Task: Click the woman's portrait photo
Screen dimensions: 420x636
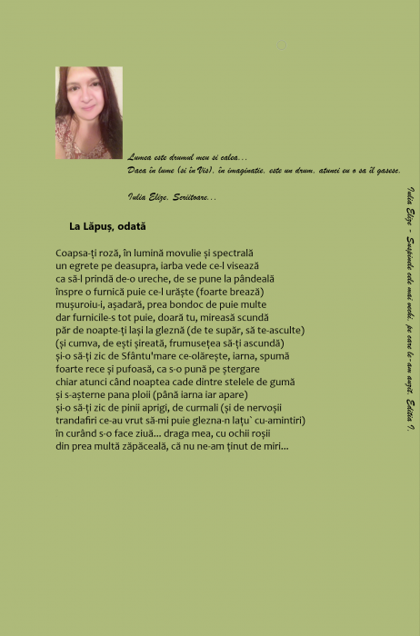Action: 88,113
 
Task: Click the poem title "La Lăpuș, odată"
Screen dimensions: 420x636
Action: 107,226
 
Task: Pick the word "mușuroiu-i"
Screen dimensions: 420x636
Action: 80,304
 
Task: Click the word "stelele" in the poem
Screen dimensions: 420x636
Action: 245,383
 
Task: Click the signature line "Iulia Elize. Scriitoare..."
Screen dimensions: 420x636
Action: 173,196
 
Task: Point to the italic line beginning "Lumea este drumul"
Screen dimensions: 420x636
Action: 187,157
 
